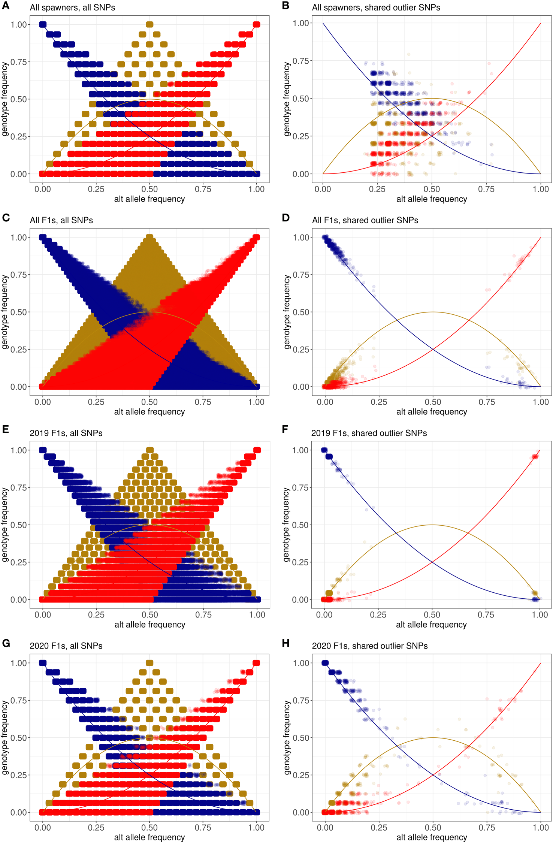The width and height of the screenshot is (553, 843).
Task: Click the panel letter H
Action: click(x=286, y=643)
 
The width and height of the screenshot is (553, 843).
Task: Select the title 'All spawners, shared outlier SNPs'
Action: click(x=376, y=7)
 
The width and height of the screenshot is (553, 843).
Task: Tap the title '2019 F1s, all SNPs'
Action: click(x=66, y=433)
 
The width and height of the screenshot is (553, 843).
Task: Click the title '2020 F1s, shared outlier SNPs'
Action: click(x=370, y=646)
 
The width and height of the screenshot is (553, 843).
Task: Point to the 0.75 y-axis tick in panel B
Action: click(x=300, y=61)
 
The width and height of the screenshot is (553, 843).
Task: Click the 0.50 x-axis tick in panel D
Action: click(x=433, y=402)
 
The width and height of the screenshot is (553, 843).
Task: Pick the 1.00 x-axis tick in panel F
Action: click(x=540, y=615)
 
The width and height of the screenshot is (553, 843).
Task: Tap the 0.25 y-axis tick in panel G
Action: click(x=19, y=775)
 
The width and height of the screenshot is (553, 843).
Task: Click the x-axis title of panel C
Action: click(x=149, y=412)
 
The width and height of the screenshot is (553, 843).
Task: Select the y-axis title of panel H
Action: click(x=287, y=737)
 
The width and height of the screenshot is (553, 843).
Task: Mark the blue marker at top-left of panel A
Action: click(x=43, y=25)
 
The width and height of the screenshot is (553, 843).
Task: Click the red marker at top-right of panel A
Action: click(x=257, y=25)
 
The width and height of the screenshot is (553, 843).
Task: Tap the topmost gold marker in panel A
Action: click(x=149, y=25)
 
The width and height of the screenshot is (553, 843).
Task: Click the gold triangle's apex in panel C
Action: click(x=149, y=237)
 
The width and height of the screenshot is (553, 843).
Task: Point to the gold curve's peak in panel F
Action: click(x=432, y=525)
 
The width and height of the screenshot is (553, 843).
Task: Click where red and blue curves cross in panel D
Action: click(x=433, y=349)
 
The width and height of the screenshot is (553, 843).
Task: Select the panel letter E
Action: click(x=5, y=430)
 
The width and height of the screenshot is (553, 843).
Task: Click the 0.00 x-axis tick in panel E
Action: click(x=43, y=615)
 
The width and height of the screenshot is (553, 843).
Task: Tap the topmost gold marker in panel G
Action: click(x=149, y=663)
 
